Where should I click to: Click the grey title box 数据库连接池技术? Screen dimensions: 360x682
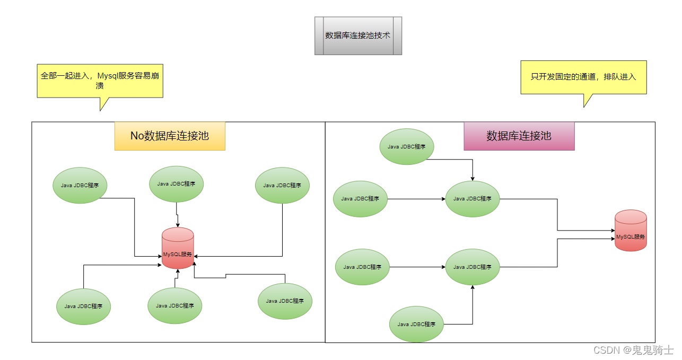(x=358, y=36)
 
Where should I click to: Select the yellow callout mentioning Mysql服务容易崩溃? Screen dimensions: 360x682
(x=100, y=81)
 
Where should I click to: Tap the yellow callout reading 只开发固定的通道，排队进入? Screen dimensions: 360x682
(x=583, y=77)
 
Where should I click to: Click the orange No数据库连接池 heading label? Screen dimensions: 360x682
(x=170, y=136)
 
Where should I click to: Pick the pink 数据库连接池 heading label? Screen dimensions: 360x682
(x=519, y=136)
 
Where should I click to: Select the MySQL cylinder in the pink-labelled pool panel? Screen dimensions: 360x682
(x=631, y=231)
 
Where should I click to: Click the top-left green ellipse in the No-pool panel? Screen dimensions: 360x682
(x=80, y=185)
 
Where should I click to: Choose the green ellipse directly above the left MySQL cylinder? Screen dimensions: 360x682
(x=176, y=184)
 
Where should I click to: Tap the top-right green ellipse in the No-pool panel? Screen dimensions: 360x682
(x=282, y=185)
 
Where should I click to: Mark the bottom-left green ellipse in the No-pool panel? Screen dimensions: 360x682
(x=84, y=306)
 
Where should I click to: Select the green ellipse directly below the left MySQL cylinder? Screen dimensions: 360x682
(x=174, y=305)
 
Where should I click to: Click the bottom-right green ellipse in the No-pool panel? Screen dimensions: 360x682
(x=285, y=301)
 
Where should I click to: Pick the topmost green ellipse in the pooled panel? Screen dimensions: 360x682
(x=407, y=146)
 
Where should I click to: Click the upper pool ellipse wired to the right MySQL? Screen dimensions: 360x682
(x=473, y=199)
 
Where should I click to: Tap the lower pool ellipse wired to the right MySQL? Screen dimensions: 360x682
(x=473, y=267)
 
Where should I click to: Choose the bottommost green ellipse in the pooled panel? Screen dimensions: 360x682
(x=416, y=324)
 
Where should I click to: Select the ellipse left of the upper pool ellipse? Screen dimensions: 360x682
(x=360, y=199)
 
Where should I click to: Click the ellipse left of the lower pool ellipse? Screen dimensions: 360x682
(x=362, y=267)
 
